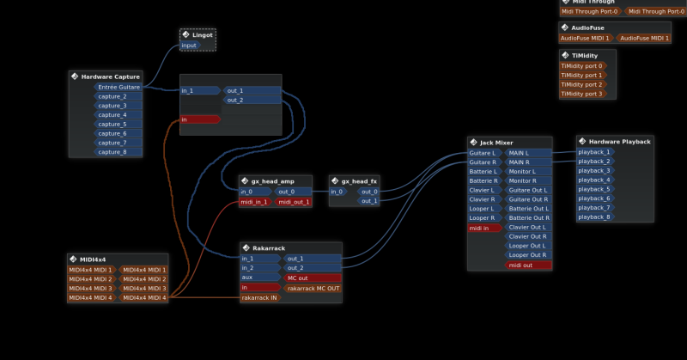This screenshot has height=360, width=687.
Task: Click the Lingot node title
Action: (x=203, y=34)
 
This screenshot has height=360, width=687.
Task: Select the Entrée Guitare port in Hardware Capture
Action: (x=119, y=87)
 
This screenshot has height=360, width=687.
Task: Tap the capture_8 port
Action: (x=112, y=152)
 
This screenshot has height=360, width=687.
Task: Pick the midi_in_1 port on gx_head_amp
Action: (x=256, y=202)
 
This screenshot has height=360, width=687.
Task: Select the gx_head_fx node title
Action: (x=359, y=181)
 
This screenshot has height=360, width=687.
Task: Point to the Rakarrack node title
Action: (x=269, y=248)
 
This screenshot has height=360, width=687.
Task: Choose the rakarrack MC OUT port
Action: (x=313, y=288)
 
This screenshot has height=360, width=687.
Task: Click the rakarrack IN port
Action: (x=260, y=297)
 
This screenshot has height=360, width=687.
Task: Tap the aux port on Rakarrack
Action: (x=249, y=278)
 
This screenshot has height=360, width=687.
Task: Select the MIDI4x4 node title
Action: (x=93, y=259)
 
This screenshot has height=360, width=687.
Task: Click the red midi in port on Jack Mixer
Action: (x=483, y=228)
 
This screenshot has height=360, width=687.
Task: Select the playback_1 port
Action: (x=594, y=152)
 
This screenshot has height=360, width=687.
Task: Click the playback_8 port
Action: (x=594, y=217)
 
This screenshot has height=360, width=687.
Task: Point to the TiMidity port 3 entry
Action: (x=581, y=94)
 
